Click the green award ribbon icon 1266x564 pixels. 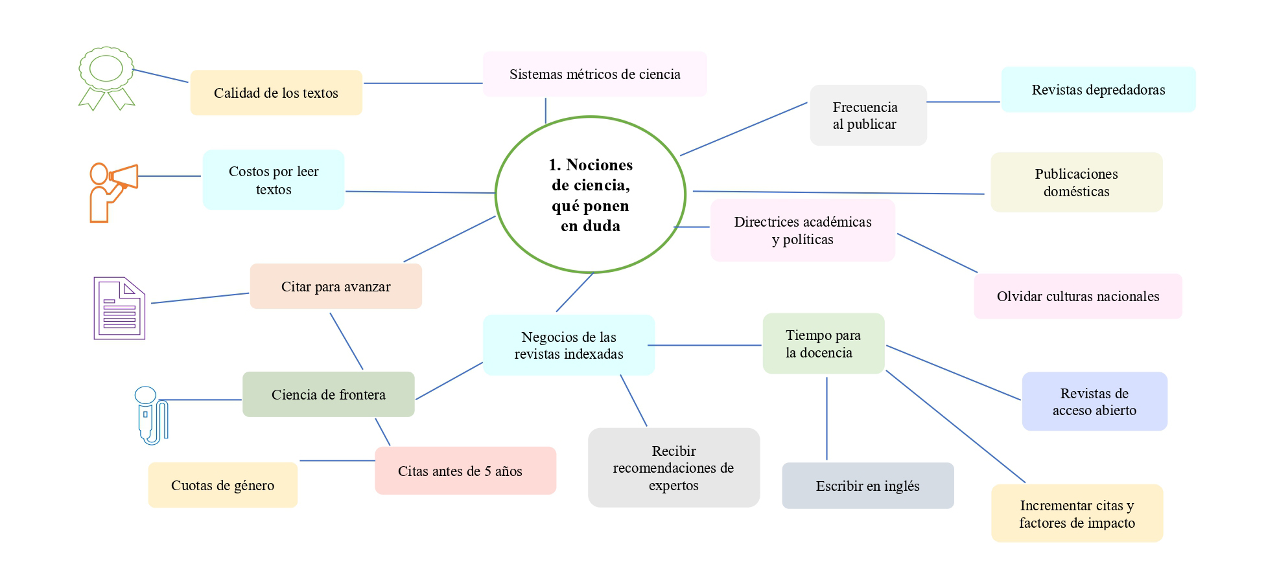[x=106, y=76]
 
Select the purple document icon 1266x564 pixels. [x=119, y=308]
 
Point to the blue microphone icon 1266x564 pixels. [x=150, y=414]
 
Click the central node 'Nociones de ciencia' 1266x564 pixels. [x=591, y=195]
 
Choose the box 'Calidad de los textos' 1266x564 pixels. [x=276, y=93]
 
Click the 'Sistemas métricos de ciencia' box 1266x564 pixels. [x=594, y=74]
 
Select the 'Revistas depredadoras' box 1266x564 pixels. [x=1098, y=90]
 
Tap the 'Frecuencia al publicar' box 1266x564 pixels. [x=868, y=115]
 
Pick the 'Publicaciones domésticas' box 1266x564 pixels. [x=1076, y=183]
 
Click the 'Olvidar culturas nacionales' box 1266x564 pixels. [x=1077, y=297]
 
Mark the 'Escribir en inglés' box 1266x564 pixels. [x=867, y=486]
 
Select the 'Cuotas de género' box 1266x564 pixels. [x=222, y=485]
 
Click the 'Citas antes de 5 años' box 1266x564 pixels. [x=465, y=471]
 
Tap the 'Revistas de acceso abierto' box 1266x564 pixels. [x=1094, y=401]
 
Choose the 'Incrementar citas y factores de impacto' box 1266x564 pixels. [x=1077, y=513]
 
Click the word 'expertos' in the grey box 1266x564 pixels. [x=674, y=486]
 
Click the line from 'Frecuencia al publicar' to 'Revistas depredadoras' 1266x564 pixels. [x=963, y=102]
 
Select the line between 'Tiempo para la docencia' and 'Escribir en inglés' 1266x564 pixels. [x=826, y=418]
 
